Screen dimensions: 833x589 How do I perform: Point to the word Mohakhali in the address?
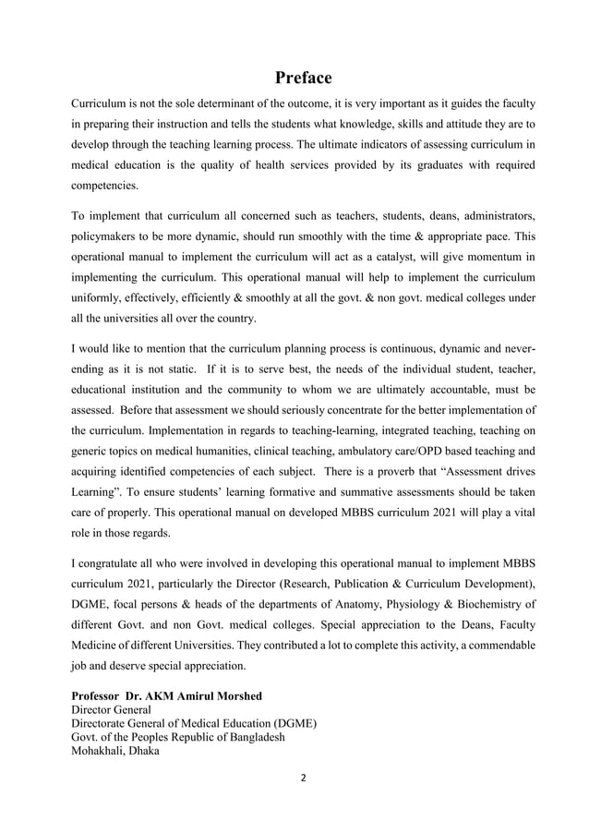[101, 751]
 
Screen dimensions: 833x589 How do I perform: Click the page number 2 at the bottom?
[304, 777]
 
